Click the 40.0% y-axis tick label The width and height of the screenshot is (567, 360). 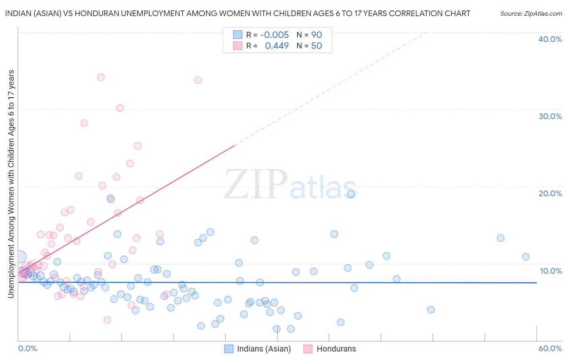[550, 39]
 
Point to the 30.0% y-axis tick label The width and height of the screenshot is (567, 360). [550, 116]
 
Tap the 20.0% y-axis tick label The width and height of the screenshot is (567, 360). [550, 193]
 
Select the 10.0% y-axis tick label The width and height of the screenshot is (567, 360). [550, 271]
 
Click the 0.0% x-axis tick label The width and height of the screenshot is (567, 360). [27, 348]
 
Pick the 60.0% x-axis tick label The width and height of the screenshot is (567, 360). [550, 348]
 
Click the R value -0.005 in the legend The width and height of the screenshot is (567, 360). [274, 35]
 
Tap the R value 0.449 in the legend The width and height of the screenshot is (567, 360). [277, 46]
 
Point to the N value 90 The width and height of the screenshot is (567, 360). [316, 35]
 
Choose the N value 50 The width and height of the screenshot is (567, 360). [316, 46]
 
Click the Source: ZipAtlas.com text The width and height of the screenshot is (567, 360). [531, 14]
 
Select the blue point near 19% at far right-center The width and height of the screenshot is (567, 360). [351, 194]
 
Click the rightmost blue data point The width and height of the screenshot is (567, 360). [525, 257]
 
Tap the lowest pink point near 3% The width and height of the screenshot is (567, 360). [107, 320]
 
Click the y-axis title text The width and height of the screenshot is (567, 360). [11, 184]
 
